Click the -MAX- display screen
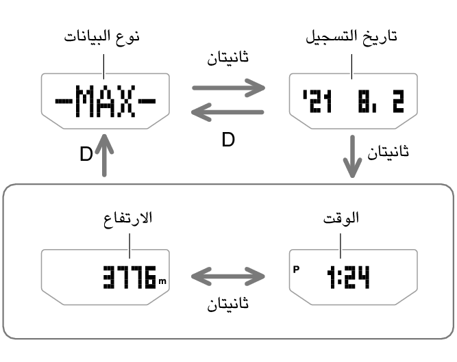click(106, 101)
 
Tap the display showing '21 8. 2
click(354, 101)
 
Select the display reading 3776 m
click(106, 277)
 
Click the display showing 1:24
click(354, 277)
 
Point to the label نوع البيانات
click(101, 37)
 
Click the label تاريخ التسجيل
click(351, 37)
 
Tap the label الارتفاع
click(128, 218)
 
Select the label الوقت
click(341, 218)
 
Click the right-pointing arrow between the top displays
click(229, 88)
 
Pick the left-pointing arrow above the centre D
click(227, 112)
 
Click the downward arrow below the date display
click(352, 156)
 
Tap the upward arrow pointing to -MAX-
click(104, 155)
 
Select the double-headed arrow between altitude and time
click(228, 276)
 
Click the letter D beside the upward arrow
click(86, 154)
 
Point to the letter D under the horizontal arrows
click(228, 140)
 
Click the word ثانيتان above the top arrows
click(228, 57)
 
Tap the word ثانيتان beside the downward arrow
click(388, 152)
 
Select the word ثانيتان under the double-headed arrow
click(228, 304)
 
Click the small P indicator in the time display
click(296, 270)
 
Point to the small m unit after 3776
click(162, 281)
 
